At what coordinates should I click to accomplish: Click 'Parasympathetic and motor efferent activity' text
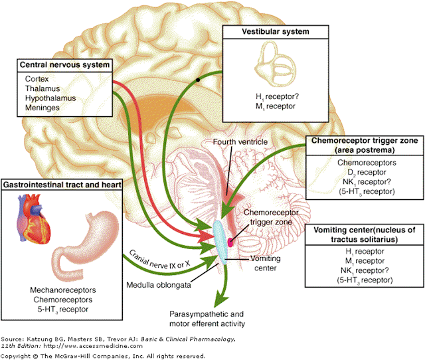[x=199, y=318]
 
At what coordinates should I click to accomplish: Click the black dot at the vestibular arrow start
[x=198, y=80]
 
